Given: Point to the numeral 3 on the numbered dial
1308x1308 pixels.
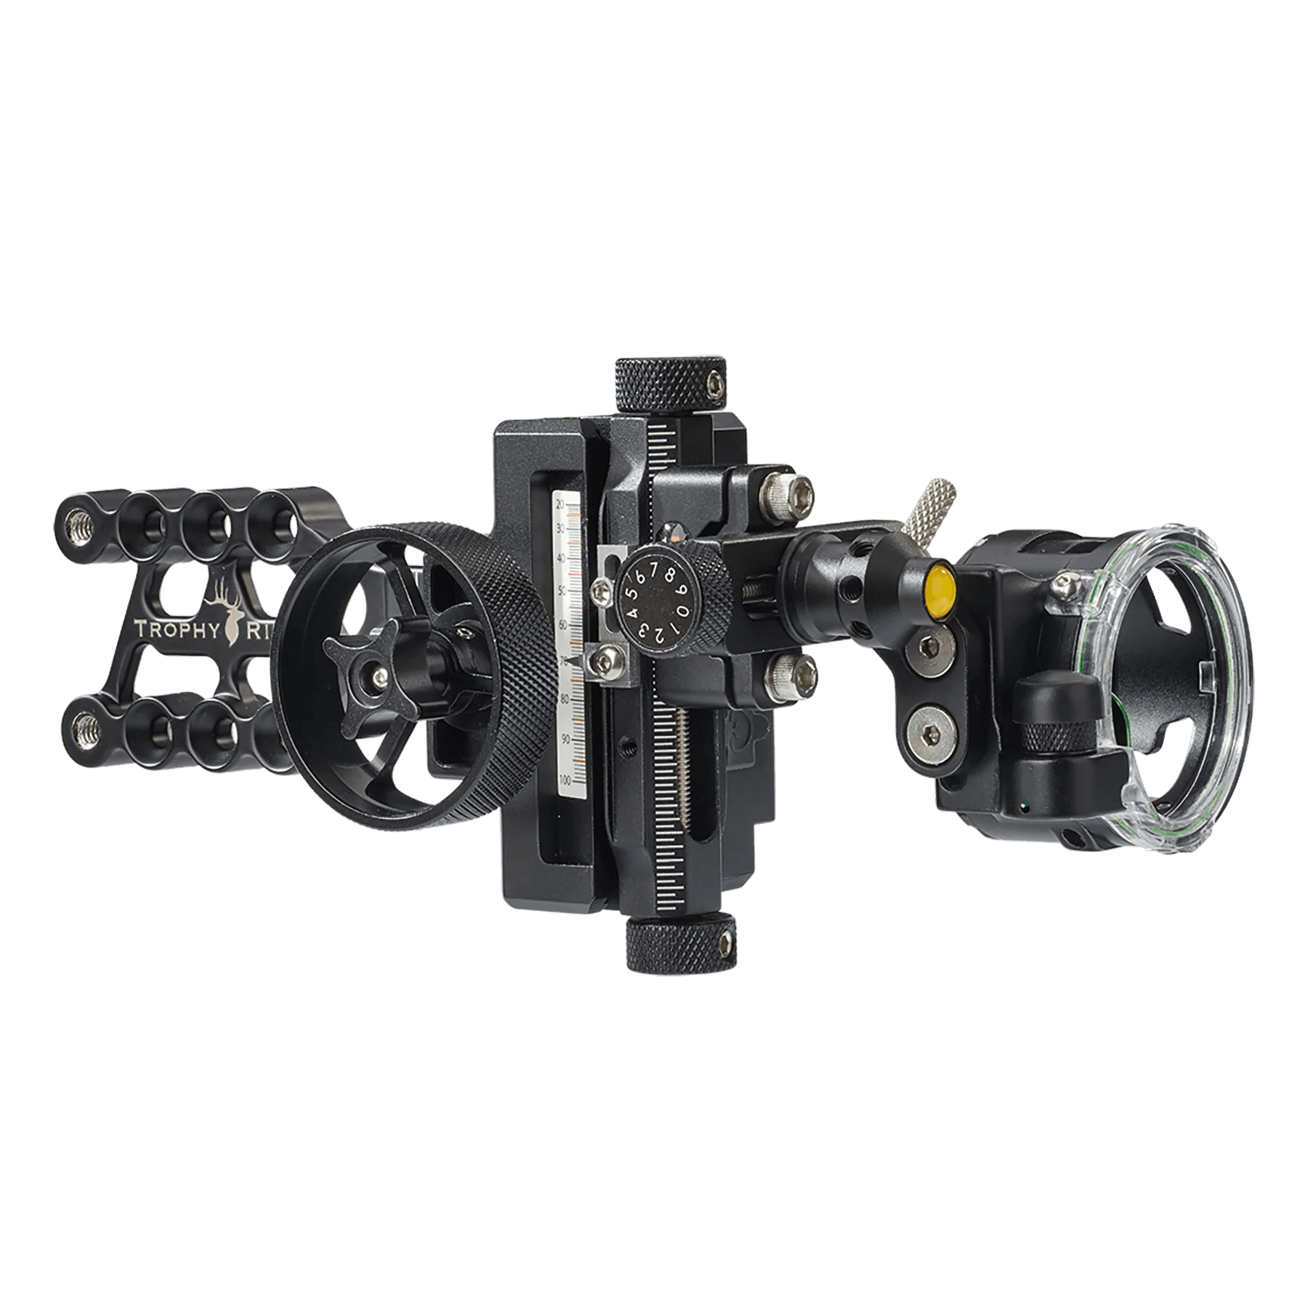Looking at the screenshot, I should click(644, 631).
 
